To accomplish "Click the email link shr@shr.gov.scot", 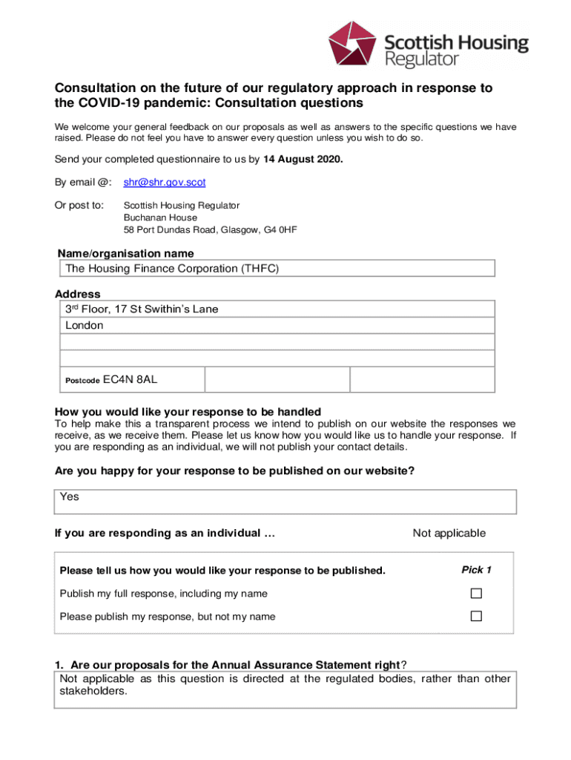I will [165, 182].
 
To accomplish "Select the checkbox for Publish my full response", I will [476, 593].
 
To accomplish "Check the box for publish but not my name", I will [476, 616].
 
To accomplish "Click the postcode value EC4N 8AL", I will [130, 380].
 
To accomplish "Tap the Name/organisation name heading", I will [126, 254].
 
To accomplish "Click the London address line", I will [85, 325].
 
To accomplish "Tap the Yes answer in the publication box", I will [70, 497].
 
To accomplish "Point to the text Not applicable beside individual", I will [449, 533].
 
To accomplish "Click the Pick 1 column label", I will [476, 570].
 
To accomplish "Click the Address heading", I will [77, 294].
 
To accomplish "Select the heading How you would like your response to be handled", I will [188, 412].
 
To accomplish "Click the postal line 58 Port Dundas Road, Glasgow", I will [210, 230].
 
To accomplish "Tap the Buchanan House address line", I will [160, 217].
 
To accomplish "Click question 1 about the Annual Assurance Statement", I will [230, 664].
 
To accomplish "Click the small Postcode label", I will [82, 381].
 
